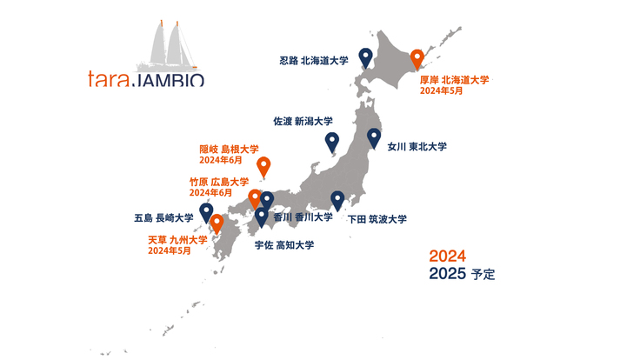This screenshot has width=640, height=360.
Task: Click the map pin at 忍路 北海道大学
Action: click(x=366, y=57)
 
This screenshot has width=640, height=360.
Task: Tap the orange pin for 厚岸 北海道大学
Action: click(x=417, y=59)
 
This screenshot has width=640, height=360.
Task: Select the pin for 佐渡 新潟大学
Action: click(x=332, y=142)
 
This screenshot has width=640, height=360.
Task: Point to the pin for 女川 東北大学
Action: click(x=374, y=137)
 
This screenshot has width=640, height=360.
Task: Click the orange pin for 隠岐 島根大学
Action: click(x=264, y=165)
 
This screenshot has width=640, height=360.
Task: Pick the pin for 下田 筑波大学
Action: click(x=338, y=199)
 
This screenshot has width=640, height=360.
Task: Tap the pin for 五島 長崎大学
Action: click(x=206, y=211)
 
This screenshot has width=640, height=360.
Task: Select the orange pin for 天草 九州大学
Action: click(x=217, y=223)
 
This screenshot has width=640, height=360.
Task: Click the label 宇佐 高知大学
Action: click(x=284, y=245)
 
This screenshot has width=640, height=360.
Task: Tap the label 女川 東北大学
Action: click(x=417, y=147)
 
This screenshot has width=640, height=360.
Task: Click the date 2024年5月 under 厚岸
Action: click(x=441, y=90)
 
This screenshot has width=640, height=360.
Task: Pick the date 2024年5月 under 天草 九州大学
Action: click(x=169, y=250)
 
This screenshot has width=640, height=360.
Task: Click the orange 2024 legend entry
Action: click(x=448, y=257)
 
